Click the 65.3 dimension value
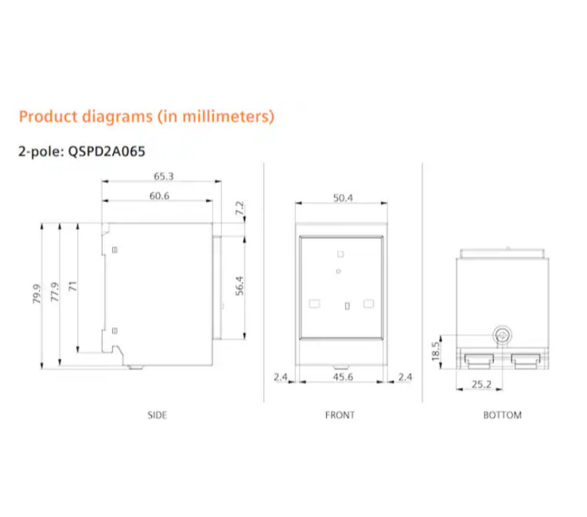click(164, 176)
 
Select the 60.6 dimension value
click(159, 196)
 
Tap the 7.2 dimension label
click(239, 208)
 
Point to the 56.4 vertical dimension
click(239, 286)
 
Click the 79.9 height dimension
click(37, 293)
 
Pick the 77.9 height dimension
click(55, 292)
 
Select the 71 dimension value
click(72, 286)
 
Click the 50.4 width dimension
click(343, 198)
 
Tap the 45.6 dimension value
click(343, 376)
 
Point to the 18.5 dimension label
click(435, 351)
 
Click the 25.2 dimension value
click(481, 384)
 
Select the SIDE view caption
click(157, 415)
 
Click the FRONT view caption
click(340, 415)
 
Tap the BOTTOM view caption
click(503, 415)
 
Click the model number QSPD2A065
click(107, 152)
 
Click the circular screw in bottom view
click(502, 335)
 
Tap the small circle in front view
click(338, 271)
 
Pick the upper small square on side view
click(115, 250)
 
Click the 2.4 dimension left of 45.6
click(281, 376)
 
